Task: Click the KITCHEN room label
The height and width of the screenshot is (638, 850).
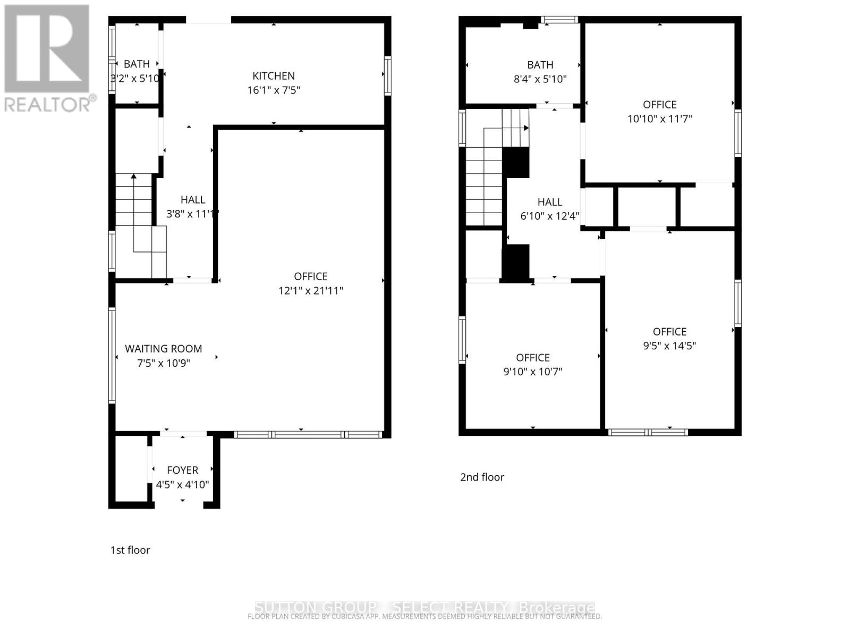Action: coord(273,76)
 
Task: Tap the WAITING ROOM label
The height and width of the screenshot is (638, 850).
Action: coord(163,349)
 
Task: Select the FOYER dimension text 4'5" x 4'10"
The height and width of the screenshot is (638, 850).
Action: coord(182,485)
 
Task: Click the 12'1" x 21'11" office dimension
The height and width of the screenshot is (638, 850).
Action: coord(311,291)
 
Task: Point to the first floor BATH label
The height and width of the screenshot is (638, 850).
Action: coord(137,64)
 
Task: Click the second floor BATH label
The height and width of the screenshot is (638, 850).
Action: coord(540,65)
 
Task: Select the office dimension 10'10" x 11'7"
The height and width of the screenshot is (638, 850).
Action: coord(659,119)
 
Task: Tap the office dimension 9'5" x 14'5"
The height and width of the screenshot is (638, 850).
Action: coord(669,346)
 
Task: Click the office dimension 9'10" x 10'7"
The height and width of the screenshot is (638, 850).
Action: coord(532,372)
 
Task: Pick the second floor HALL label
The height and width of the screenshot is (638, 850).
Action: coord(549,202)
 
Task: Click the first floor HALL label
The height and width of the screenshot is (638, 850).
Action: coord(192,200)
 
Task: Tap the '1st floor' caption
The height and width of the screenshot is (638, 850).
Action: coord(130,550)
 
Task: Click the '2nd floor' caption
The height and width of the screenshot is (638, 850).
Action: coord(482,477)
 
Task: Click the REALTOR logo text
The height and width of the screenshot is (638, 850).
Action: coord(48,104)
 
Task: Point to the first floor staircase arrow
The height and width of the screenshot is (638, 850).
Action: coord(134,176)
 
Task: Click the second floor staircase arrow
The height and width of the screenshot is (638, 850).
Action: coord(525,128)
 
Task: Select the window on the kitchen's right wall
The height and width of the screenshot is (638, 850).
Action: coord(388,75)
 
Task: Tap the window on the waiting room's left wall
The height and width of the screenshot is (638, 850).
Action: coord(112,355)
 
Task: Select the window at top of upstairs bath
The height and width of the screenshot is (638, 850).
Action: coord(559,20)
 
